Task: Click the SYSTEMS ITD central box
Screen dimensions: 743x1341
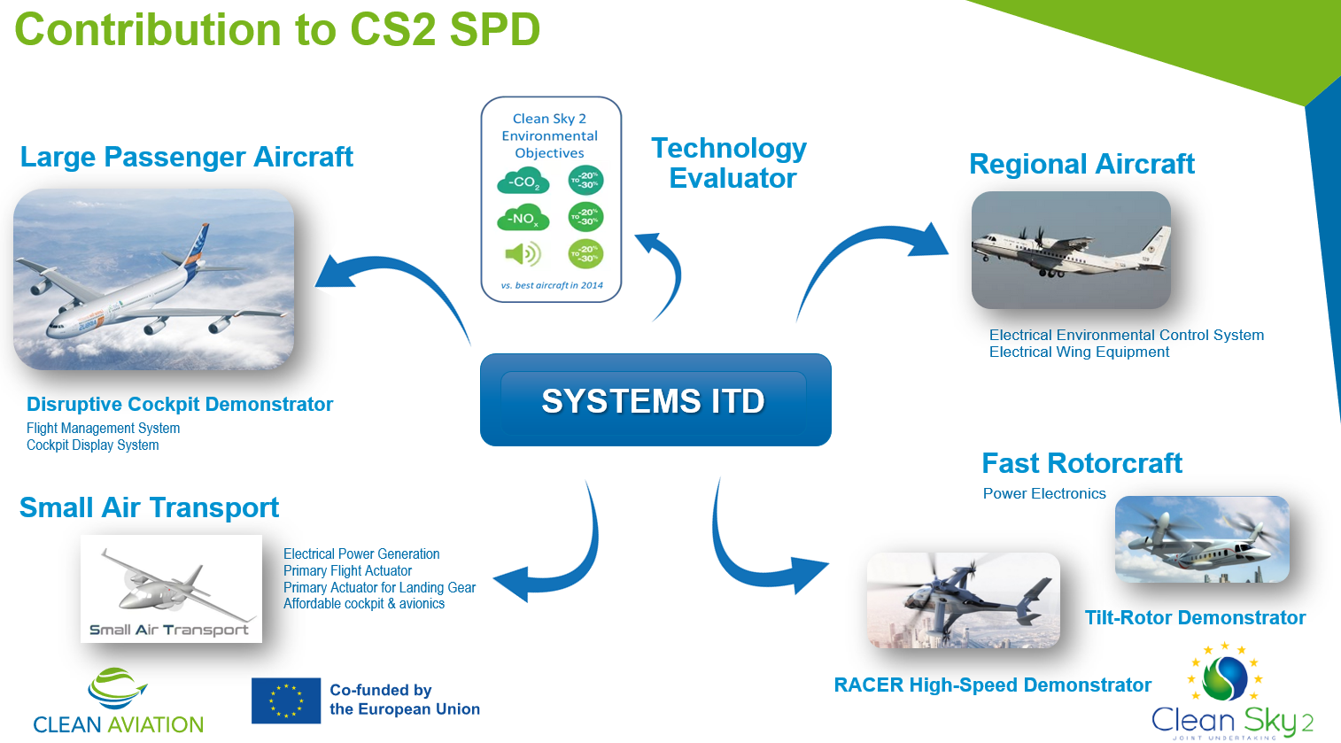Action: click(655, 400)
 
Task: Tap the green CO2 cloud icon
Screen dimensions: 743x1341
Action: click(523, 182)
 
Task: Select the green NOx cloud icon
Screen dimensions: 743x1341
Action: click(523, 218)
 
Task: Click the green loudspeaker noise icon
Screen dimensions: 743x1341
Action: click(523, 254)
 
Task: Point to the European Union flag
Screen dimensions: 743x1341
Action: click(286, 700)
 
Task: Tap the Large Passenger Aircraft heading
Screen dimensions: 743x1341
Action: click(186, 157)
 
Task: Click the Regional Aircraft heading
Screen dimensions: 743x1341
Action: click(1081, 164)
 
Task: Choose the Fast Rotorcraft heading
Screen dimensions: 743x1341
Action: click(1081, 463)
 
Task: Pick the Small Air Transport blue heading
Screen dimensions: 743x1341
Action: click(149, 507)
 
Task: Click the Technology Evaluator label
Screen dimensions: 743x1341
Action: click(730, 163)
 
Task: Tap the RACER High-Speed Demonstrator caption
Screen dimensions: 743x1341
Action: click(992, 685)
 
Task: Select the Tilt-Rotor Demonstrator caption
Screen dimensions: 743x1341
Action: click(1195, 617)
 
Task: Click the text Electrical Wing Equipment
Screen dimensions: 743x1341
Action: click(1079, 352)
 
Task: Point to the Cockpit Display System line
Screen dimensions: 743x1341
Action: click(93, 445)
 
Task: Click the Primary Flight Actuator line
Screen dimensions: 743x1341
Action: click(347, 571)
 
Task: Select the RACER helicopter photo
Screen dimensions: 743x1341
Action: click(963, 600)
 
